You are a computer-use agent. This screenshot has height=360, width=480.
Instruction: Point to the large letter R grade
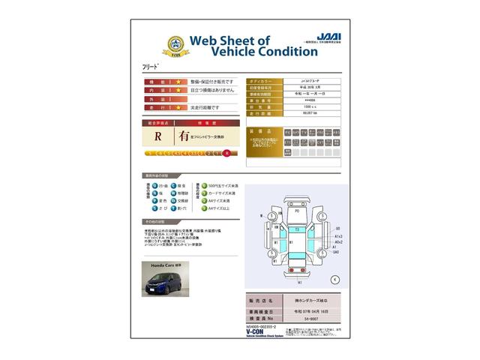coord(158,136)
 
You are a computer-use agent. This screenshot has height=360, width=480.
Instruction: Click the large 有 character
coord(184,136)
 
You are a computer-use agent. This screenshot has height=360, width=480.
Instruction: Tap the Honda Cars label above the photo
coord(160,265)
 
